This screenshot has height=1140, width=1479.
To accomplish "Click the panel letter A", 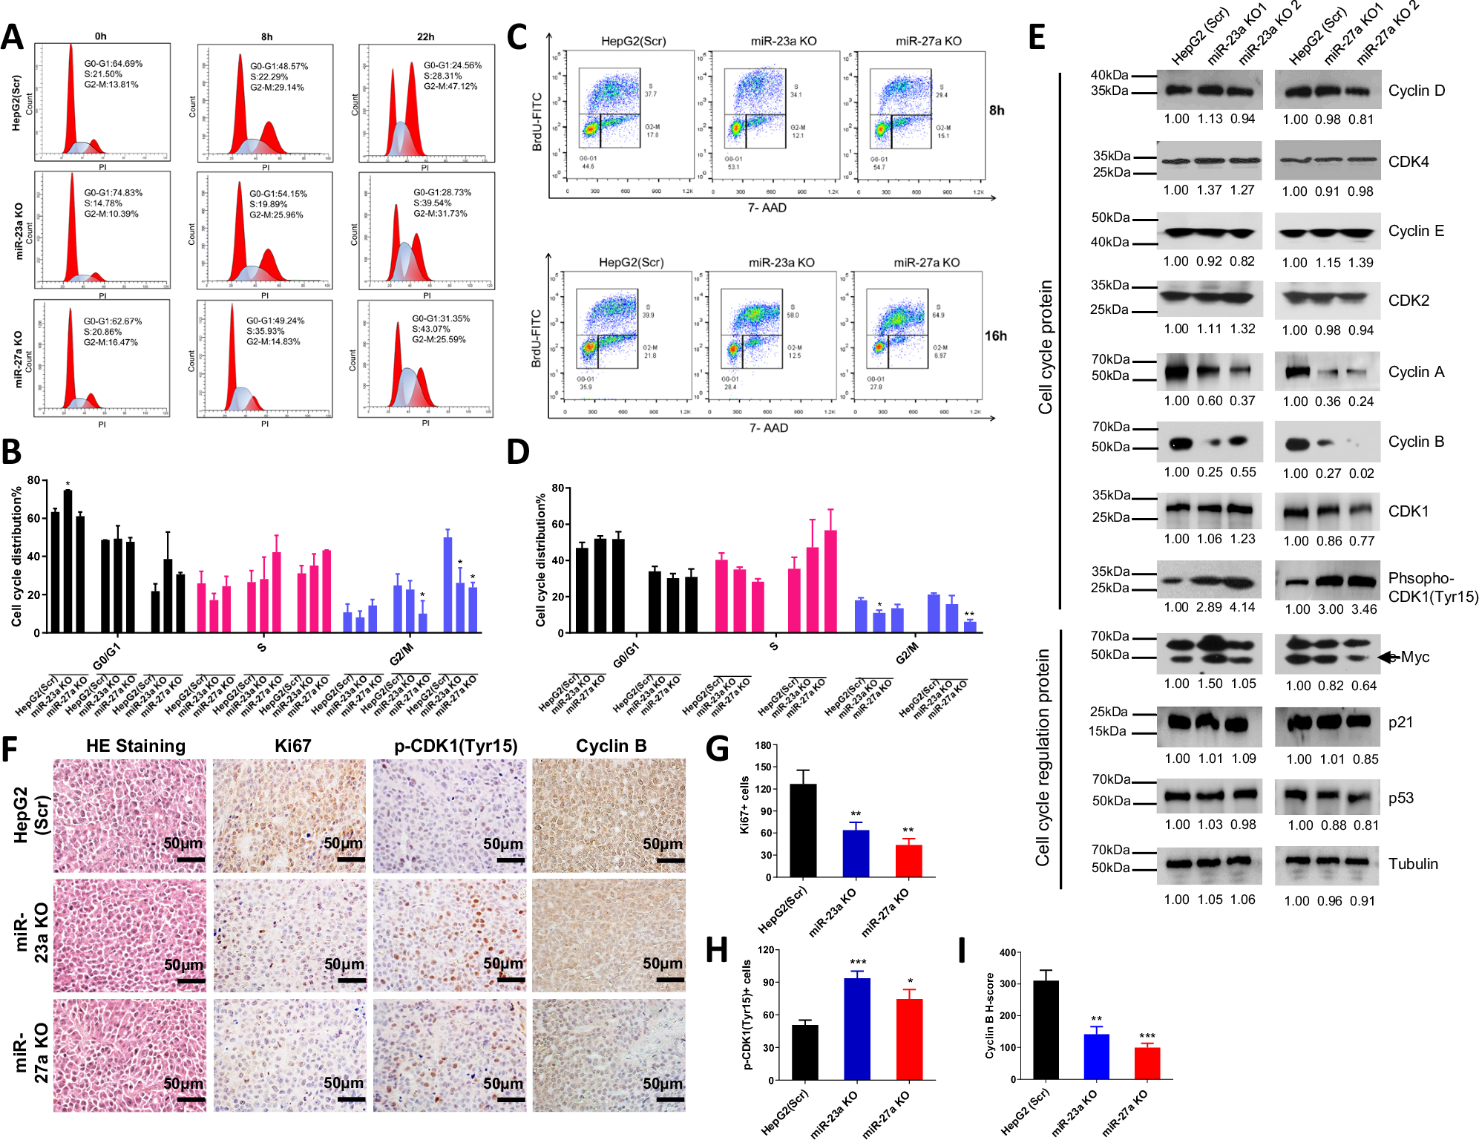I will coord(13,37).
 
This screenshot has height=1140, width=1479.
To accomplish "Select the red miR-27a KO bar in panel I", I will coord(1147,1063).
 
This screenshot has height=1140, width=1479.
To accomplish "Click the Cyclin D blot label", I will coord(1416,91).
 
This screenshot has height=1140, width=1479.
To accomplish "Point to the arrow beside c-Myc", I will coord(1386,657).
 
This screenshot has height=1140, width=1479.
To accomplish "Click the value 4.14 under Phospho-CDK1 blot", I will coord(1242,607).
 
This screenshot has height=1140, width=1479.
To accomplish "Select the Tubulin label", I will coord(1413,864).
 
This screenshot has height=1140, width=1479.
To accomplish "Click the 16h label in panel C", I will coord(995,336).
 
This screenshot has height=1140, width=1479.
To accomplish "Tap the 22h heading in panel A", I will coord(425,36).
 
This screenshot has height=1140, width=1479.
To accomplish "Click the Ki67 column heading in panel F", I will coord(292,746).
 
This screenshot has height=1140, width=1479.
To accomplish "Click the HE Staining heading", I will coord(136,746).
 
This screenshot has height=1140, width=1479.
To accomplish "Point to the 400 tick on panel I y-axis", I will coord(1007,953).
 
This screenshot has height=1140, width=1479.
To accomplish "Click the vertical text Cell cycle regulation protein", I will coord(1043,757).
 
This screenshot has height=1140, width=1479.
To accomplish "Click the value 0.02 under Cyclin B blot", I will coord(1361,474).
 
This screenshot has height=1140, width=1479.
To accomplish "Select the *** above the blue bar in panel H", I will coord(858,962).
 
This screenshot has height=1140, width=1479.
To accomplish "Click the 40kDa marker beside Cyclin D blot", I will coord(1109,75).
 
